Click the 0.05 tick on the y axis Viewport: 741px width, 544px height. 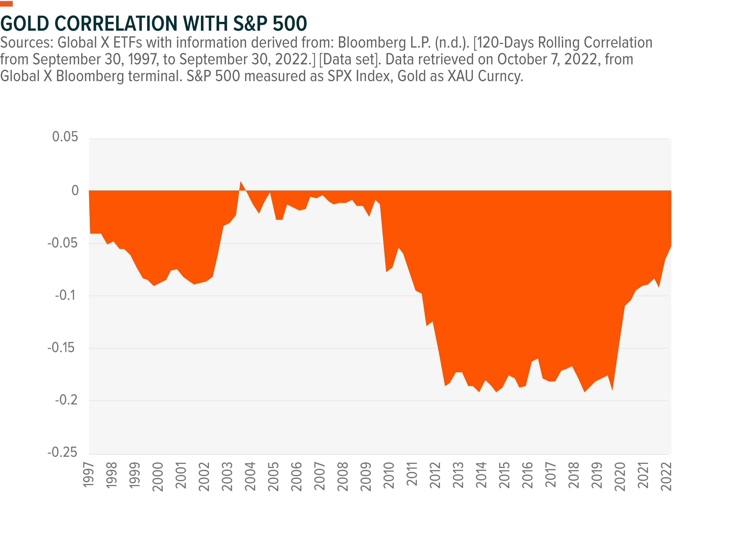(x=65, y=137)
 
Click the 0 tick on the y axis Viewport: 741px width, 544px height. (x=75, y=190)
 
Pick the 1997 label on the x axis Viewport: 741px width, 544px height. (x=88, y=474)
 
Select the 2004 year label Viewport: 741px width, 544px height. (x=250, y=476)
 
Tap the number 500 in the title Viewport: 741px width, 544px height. (x=290, y=23)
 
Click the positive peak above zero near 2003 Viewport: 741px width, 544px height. (x=241, y=181)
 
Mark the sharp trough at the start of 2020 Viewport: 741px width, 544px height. (x=612, y=390)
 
